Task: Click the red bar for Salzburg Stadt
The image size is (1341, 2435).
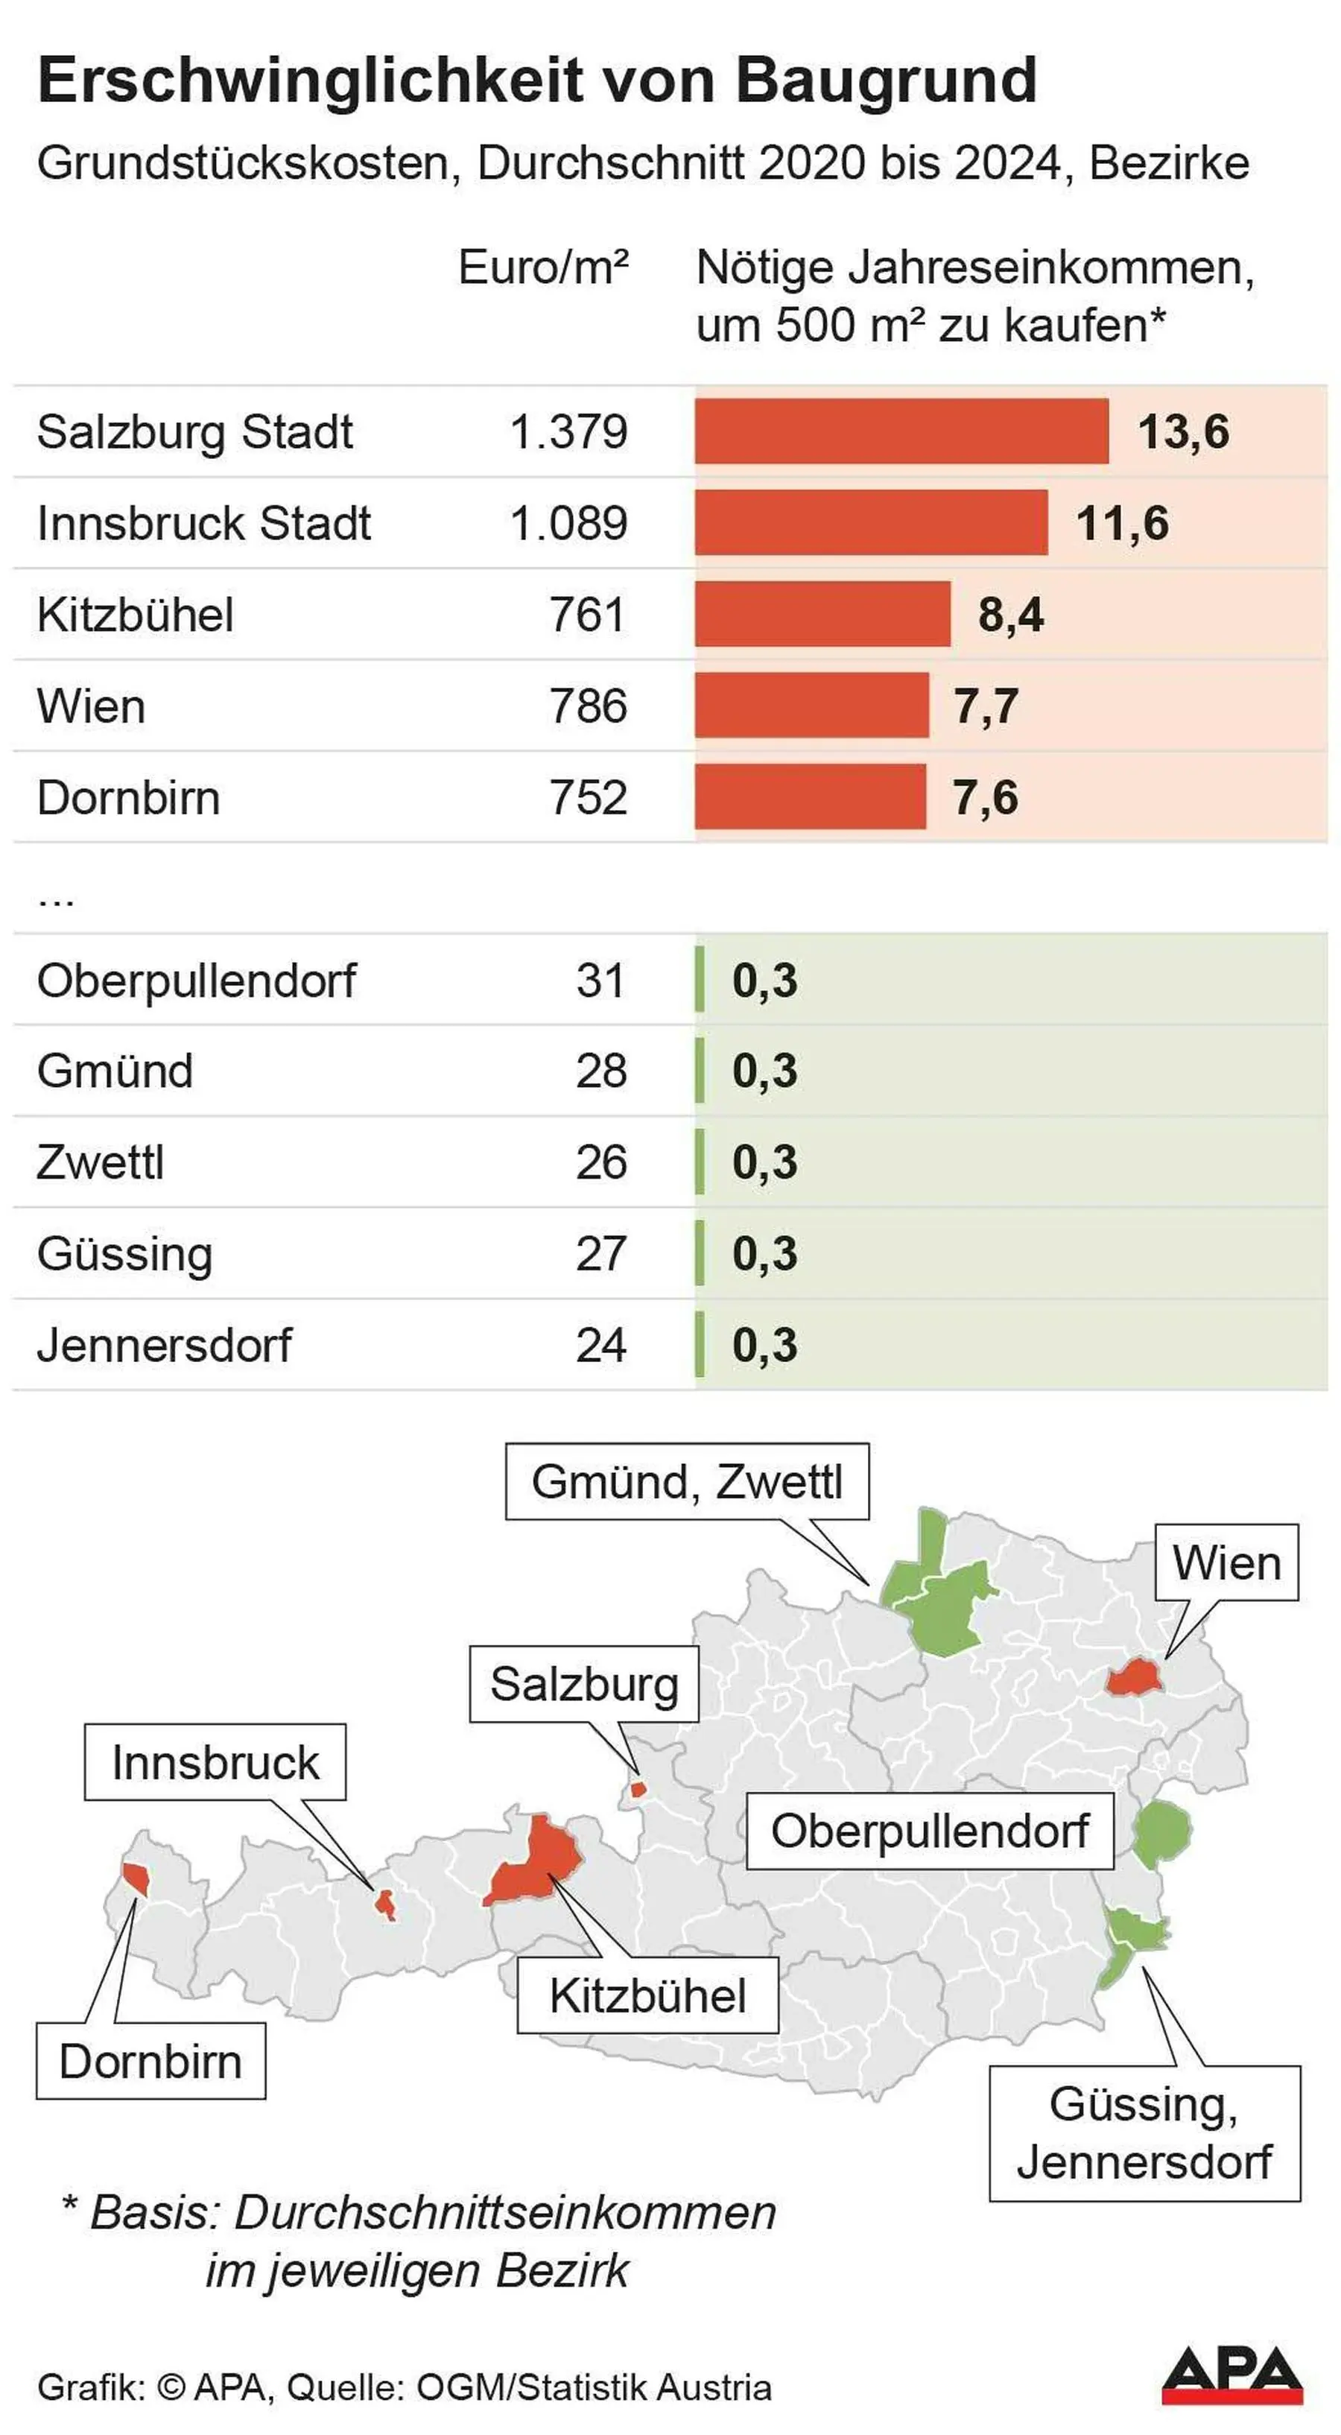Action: pos(901,431)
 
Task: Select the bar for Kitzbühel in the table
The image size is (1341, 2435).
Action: pos(822,615)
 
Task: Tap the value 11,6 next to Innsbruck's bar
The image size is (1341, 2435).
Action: pos(1122,523)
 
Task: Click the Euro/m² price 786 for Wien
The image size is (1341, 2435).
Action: pos(588,706)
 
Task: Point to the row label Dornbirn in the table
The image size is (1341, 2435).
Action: pos(129,798)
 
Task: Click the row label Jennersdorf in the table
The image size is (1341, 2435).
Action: pos(165,1345)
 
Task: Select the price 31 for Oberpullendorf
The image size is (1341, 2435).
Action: pos(601,981)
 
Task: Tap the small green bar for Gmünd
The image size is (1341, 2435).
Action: pos(700,1071)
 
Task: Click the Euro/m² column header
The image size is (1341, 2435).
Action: pos(543,267)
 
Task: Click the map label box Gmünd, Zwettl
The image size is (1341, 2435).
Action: pos(687,1482)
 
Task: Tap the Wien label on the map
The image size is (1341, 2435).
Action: pos(1227,1562)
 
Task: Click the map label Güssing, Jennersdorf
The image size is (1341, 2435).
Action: pos(1144,2133)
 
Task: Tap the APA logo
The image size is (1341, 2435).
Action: pos(1231,2375)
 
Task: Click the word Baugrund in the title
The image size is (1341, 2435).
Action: pos(886,81)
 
